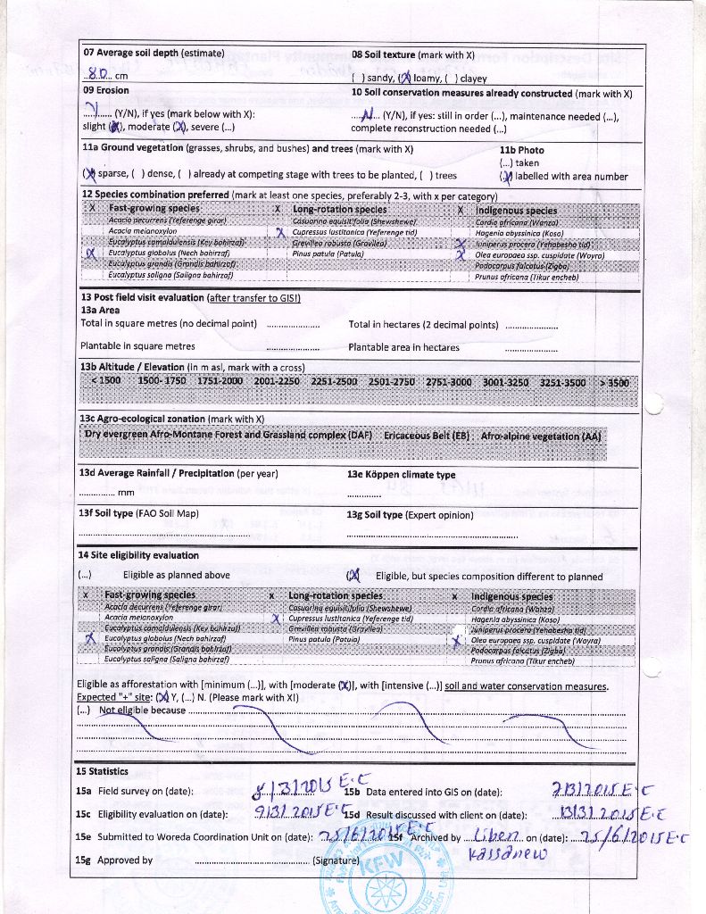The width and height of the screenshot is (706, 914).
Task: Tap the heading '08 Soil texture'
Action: [385, 54]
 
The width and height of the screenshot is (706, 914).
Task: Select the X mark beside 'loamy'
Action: [403, 78]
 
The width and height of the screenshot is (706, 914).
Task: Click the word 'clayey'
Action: [473, 79]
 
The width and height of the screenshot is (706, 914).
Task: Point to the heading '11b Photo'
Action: [521, 150]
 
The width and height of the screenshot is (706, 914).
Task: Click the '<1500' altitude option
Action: [105, 381]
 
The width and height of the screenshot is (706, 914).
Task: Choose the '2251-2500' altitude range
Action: [334, 381]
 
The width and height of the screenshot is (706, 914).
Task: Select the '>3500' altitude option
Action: [614, 382]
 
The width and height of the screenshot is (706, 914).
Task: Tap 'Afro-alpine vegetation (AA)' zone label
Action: [541, 436]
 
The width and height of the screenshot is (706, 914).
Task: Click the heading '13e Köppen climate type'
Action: [401, 474]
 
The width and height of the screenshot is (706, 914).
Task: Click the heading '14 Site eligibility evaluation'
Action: [138, 555]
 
